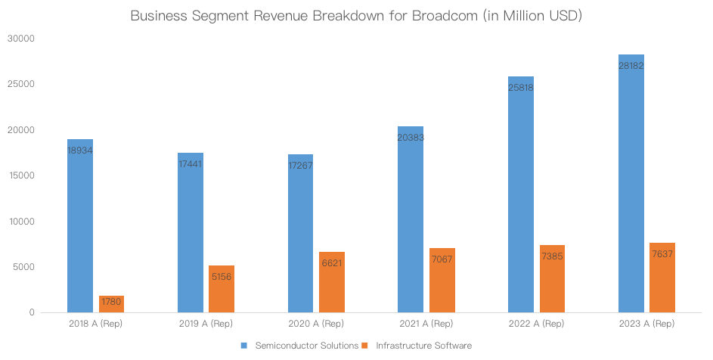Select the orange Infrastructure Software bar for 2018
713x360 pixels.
[x=111, y=304]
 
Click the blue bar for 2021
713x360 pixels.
[x=411, y=219]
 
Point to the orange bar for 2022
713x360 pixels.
[x=552, y=278]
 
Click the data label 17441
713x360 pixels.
[x=191, y=164]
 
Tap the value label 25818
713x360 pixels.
[x=521, y=88]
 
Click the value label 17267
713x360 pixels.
[x=300, y=166]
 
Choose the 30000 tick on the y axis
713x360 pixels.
[x=23, y=39]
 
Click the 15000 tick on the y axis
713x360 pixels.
[x=23, y=175]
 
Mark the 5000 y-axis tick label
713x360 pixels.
[x=25, y=267]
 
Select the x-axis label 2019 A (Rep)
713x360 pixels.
[x=206, y=324]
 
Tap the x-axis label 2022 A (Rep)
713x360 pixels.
[x=536, y=324]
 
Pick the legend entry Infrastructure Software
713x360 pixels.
[x=423, y=346]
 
